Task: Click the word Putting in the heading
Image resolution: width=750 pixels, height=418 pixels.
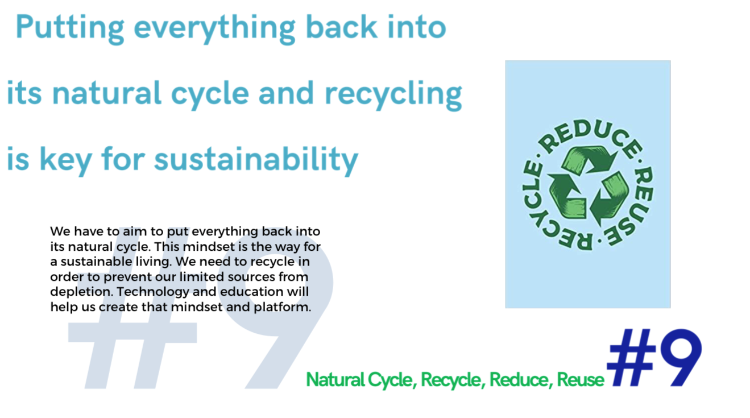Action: point(70,29)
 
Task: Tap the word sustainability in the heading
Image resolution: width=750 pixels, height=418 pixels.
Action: point(256,160)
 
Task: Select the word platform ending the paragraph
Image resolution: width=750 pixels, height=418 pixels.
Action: point(282,307)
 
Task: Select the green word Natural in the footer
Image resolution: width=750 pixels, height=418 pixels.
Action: point(335,380)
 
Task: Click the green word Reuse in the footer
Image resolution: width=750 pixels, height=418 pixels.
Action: point(581,380)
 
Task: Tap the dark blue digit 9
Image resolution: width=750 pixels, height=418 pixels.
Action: point(681,357)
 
